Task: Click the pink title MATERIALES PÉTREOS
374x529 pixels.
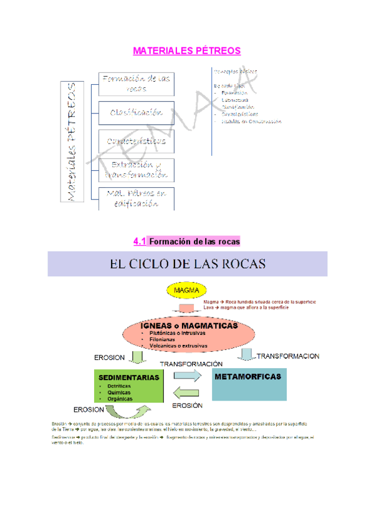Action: tap(187, 50)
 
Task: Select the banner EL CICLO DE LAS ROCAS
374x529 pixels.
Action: tap(188, 263)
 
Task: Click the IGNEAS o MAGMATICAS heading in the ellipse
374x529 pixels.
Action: tap(188, 326)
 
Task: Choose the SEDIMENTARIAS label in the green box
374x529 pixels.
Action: tap(128, 377)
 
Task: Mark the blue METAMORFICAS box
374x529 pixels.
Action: tap(247, 377)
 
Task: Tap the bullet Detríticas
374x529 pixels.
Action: tap(119, 386)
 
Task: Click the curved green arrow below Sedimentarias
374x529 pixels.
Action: tap(128, 412)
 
